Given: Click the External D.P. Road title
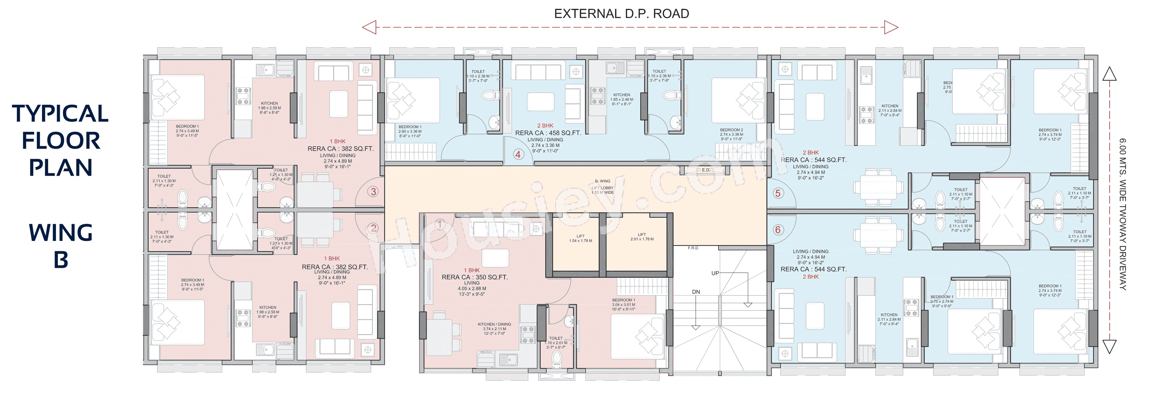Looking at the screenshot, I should (x=621, y=14).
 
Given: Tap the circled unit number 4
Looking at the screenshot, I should (x=517, y=155).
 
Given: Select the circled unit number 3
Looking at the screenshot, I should (x=373, y=192).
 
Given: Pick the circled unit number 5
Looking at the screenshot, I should (x=778, y=193).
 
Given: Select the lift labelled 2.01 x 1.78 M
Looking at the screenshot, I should (x=642, y=237).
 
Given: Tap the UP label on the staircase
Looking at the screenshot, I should (x=715, y=273).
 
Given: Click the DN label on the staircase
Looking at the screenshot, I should (x=696, y=292).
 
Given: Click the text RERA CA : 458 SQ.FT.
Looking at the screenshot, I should (x=548, y=133).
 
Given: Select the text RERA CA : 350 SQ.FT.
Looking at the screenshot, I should (x=474, y=277).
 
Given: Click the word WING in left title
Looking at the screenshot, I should (x=61, y=233).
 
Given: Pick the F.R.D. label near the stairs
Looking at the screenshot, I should (x=693, y=248).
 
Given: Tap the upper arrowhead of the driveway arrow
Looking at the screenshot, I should (x=1109, y=74).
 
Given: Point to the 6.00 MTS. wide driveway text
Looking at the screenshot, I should (x=1123, y=214).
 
